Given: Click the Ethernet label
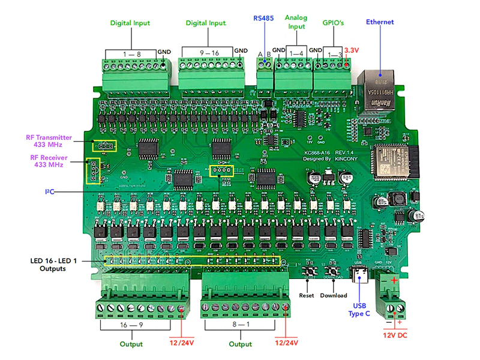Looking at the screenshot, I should [380, 22].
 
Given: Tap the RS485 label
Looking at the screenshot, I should [263, 18].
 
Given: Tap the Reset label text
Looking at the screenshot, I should [307, 295].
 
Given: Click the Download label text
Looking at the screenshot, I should [333, 295].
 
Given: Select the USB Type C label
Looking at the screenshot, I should [359, 309].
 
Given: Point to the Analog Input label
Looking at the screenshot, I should [295, 22].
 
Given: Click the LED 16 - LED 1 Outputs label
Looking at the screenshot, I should [56, 265].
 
